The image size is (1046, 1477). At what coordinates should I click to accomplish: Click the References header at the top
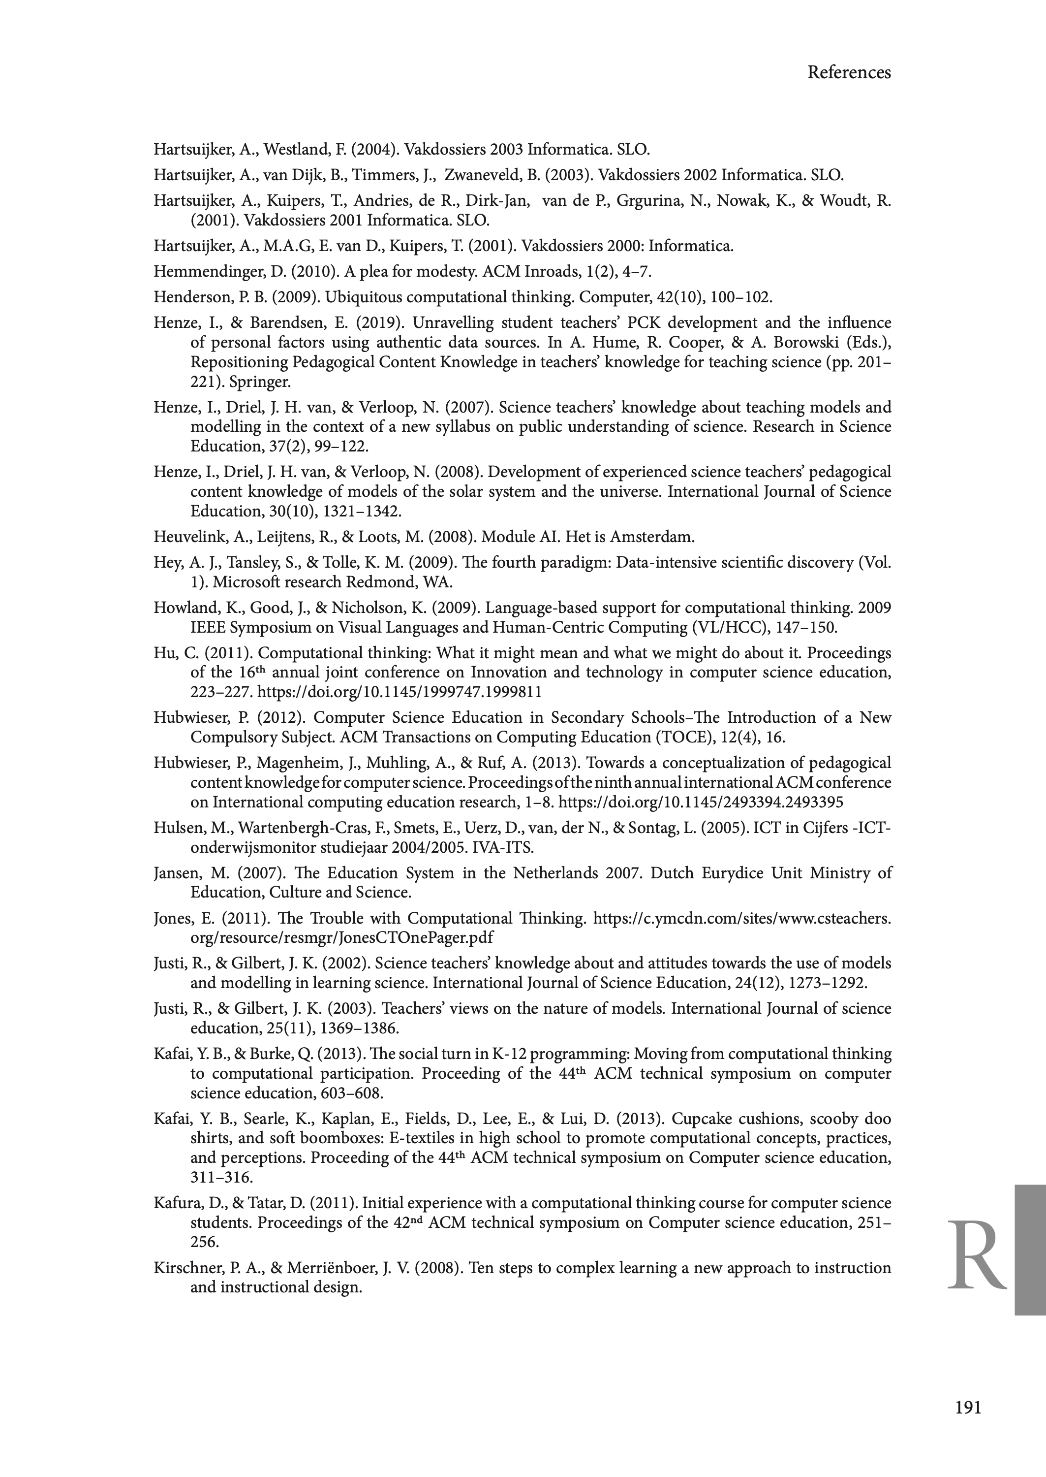848,73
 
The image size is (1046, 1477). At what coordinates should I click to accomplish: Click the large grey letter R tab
977,1255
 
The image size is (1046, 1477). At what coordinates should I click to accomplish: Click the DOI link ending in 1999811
400,692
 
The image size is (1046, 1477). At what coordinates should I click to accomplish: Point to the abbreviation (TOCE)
692,737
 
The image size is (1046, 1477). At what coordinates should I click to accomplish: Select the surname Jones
172,918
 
